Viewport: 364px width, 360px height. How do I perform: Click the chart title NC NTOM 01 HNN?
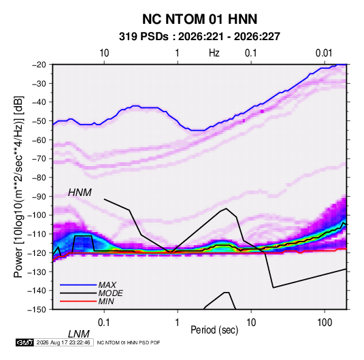tap(199, 19)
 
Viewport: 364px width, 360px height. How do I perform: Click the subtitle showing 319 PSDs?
tap(199, 37)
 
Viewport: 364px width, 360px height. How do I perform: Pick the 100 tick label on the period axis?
tap(325, 323)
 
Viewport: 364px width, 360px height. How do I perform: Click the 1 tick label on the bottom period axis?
tap(178, 323)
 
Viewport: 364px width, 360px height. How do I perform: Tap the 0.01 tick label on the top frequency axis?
tap(324, 53)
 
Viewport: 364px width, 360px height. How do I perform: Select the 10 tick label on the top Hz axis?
tap(104, 53)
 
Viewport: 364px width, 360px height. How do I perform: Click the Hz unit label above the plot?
tap(214, 53)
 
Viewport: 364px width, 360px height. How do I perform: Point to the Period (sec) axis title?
tap(214, 330)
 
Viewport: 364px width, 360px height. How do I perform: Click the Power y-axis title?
tap(18, 186)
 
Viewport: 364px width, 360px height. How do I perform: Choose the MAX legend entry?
tap(107, 285)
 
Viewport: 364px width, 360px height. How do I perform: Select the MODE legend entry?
tap(110, 293)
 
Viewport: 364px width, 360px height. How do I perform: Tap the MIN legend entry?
tap(106, 301)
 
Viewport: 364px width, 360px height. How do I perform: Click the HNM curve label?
tap(80, 193)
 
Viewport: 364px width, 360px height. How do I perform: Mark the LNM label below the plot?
tap(78, 334)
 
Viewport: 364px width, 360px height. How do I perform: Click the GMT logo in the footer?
tap(24, 342)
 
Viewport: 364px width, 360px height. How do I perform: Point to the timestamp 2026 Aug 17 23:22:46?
tap(63, 342)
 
